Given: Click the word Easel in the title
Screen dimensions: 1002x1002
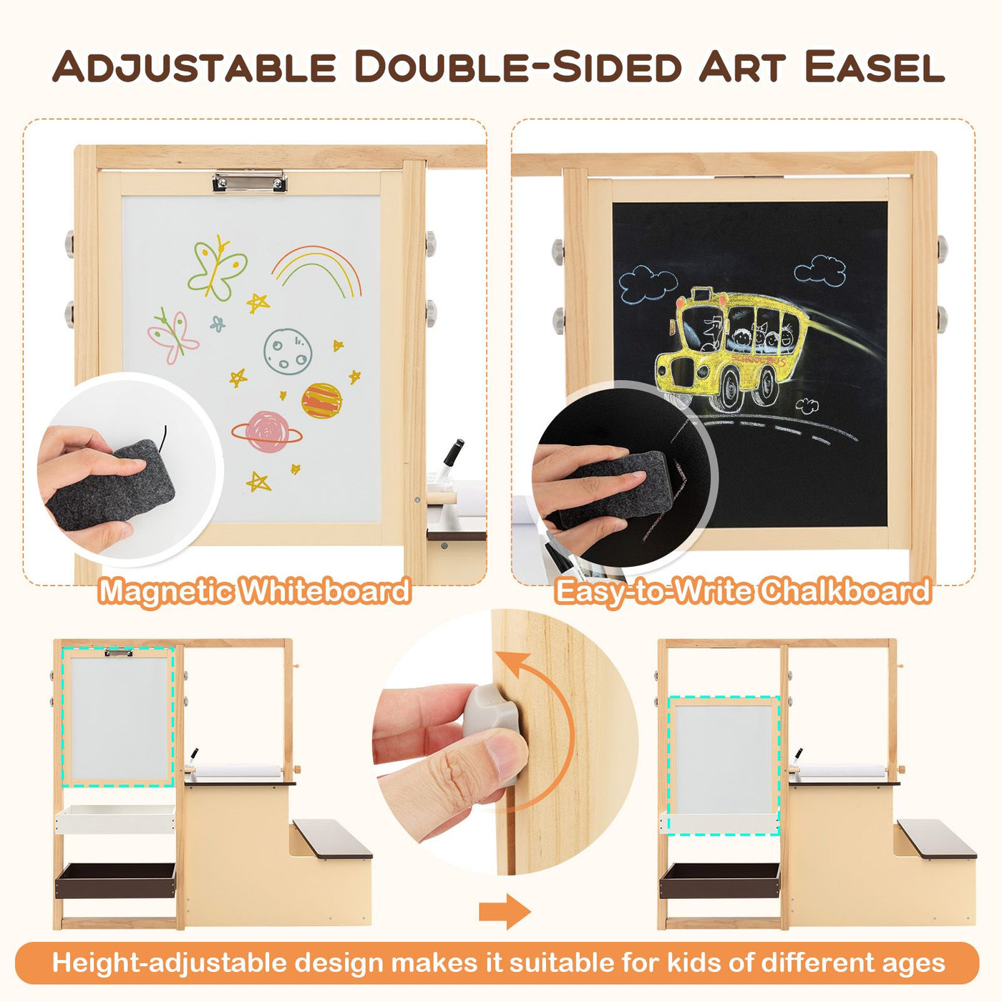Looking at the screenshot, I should pyautogui.click(x=874, y=67).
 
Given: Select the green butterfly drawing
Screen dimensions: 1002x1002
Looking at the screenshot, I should pyautogui.click(x=217, y=268).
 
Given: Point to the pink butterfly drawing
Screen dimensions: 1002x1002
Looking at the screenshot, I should pyautogui.click(x=172, y=335).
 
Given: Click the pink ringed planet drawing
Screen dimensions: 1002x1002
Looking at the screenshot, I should pyautogui.click(x=266, y=432).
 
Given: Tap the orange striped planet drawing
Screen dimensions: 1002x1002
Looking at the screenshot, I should pyautogui.click(x=321, y=401).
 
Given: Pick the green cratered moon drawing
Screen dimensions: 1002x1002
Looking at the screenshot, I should pyautogui.click(x=287, y=351).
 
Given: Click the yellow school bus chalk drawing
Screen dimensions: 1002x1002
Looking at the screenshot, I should pyautogui.click(x=737, y=344).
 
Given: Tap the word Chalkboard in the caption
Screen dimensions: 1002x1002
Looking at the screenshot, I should pyautogui.click(x=845, y=591).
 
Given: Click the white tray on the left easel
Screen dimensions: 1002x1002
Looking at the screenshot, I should pyautogui.click(x=115, y=819).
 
